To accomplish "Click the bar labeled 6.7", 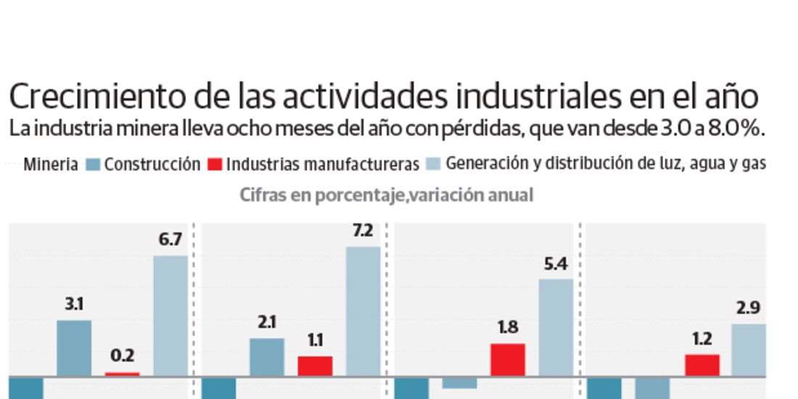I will (x=170, y=316).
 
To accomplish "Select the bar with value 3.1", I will (x=74, y=348).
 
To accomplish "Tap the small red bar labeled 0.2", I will (x=122, y=374).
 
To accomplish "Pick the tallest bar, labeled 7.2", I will (x=363, y=311).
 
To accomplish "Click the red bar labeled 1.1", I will (x=315, y=366).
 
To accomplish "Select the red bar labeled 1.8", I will (x=508, y=360).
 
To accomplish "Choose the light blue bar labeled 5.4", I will (x=556, y=327).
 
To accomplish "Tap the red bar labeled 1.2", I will (x=702, y=365).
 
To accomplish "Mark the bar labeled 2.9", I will (x=749, y=350).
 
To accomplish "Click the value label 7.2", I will (x=363, y=231).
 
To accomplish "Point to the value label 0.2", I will (x=122, y=356).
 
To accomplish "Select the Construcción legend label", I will (x=152, y=164).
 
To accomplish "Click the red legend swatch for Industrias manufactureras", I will (x=214, y=165).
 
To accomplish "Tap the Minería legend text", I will (x=50, y=164).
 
